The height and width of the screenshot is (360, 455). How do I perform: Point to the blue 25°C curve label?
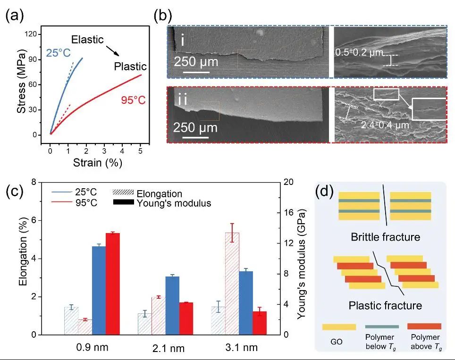[57, 53]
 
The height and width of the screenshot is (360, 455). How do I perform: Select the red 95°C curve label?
[133, 100]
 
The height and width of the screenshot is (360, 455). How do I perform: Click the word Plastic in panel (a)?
[130, 67]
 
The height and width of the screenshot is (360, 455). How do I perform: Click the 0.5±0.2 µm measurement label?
[359, 52]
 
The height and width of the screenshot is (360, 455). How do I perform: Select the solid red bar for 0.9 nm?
[112, 284]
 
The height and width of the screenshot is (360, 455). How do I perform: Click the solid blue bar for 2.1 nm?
[172, 305]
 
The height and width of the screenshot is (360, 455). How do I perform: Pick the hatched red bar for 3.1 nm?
[232, 284]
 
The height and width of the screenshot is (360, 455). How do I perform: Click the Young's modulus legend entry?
[173, 203]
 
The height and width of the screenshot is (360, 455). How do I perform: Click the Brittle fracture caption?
[385, 236]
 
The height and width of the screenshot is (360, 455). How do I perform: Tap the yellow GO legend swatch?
[339, 327]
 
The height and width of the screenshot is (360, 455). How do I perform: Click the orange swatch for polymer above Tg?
[424, 326]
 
